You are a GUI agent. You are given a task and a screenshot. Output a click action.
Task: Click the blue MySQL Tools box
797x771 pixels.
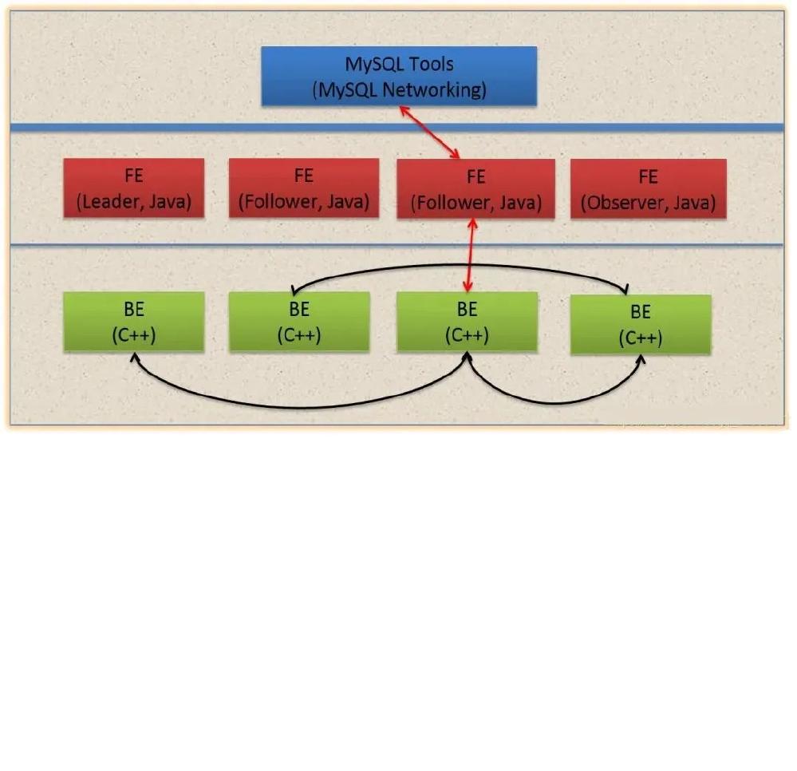coord(399,76)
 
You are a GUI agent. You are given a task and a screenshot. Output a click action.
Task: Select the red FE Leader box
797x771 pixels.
coord(133,188)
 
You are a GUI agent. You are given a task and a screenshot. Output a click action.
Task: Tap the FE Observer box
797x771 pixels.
coord(648,188)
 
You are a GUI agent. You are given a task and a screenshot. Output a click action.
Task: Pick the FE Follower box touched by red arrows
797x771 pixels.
coord(475,188)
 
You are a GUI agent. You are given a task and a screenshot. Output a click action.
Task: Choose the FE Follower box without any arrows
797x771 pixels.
coord(303,188)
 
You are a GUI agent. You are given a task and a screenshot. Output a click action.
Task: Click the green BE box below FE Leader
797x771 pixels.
coord(133,322)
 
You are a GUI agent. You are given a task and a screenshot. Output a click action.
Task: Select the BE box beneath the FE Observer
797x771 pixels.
coord(640,325)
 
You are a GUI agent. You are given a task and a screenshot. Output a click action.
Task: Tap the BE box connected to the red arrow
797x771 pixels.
coord(467,322)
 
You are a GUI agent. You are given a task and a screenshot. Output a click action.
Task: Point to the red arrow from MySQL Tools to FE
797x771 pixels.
coord(430,132)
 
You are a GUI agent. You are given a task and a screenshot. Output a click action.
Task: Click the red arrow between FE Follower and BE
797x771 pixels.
coord(470,255)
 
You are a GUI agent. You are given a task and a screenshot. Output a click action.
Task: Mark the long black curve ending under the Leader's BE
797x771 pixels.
coord(303,407)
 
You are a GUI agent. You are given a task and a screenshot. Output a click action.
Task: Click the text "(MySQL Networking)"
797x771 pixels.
coord(399,89)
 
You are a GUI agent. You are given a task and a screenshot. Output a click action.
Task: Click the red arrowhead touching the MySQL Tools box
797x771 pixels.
coord(404,111)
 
